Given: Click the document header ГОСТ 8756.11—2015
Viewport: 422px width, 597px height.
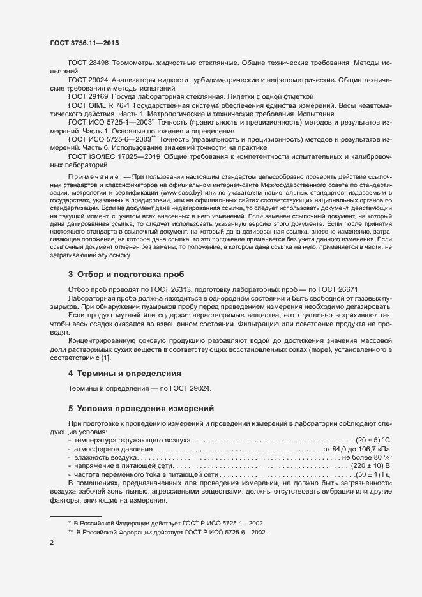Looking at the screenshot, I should coord(84,43).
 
